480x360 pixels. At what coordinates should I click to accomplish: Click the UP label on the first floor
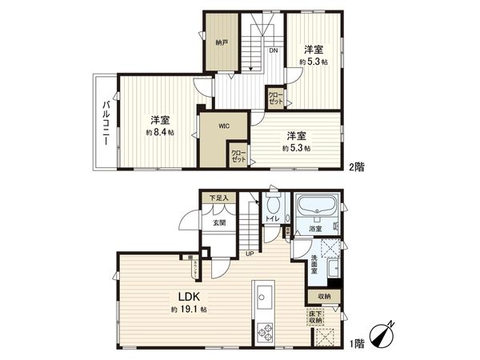(x=250, y=254)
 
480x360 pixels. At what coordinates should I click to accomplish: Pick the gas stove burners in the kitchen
(x=262, y=330)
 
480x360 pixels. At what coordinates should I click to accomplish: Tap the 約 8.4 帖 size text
(x=158, y=133)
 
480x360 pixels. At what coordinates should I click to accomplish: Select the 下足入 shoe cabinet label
(x=218, y=198)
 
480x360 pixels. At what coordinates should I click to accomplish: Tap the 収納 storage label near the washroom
(x=323, y=296)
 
